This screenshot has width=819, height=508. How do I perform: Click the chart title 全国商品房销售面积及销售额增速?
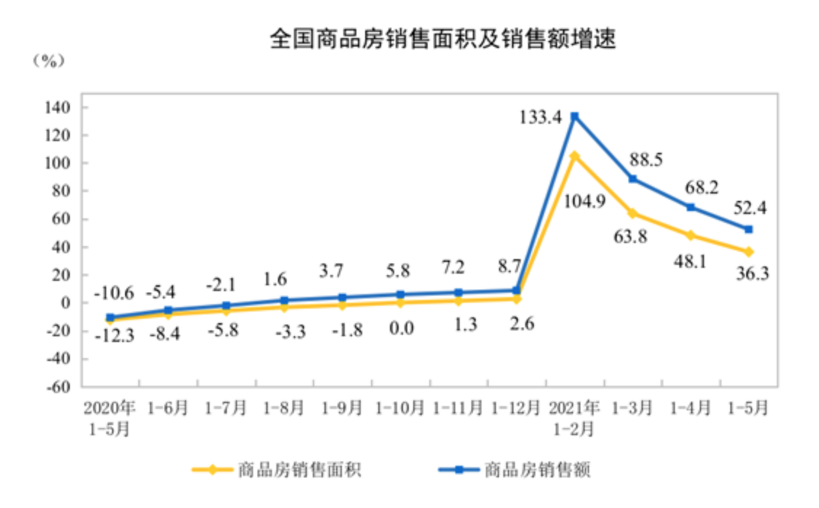[442, 39]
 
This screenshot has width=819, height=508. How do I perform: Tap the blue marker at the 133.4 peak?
[575, 116]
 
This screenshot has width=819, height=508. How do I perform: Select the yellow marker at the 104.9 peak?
[575, 156]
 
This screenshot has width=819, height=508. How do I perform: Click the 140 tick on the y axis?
[60, 108]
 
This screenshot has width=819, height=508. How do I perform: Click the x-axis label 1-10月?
[399, 408]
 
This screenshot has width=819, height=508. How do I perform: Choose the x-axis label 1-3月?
[632, 408]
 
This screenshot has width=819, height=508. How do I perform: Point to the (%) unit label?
[49, 61]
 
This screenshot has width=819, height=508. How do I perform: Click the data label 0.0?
[400, 328]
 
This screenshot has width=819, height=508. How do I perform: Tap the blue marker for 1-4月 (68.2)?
[690, 207]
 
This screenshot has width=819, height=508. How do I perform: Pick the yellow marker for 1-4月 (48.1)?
[690, 235]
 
